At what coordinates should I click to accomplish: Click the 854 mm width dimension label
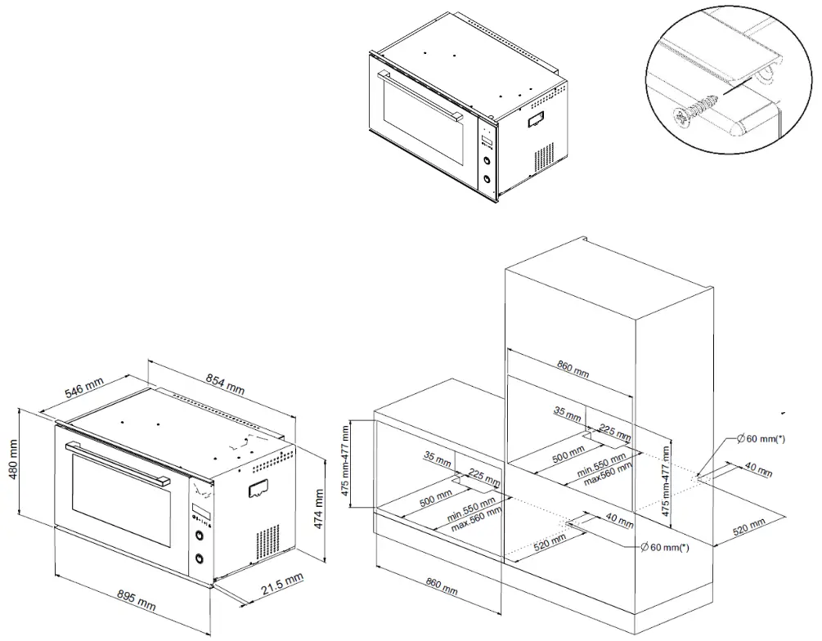point(224,384)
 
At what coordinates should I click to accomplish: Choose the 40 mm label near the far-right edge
point(760,471)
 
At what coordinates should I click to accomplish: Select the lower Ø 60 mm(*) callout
point(663,547)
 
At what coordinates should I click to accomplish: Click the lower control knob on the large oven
point(199,560)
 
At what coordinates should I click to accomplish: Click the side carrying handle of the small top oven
point(537,119)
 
